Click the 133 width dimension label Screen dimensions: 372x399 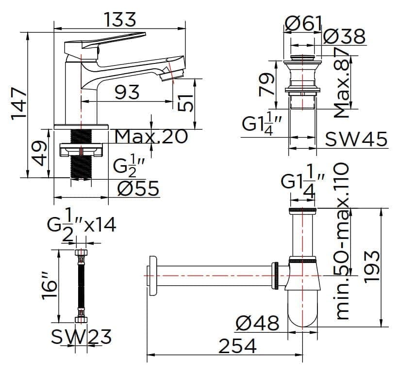pyautogui.click(x=120, y=20)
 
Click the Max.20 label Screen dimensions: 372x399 pyautogui.click(x=151, y=137)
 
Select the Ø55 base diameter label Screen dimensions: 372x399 pyautogui.click(x=138, y=188)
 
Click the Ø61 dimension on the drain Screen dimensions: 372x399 pyautogui.click(x=303, y=22)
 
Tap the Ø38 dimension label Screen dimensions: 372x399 pyautogui.click(x=344, y=36)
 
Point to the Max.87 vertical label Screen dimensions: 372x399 pyautogui.click(x=344, y=83)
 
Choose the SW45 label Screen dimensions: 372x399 pyautogui.click(x=356, y=139)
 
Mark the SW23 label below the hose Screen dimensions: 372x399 pyautogui.click(x=81, y=336)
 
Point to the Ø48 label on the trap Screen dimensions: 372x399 pyautogui.click(x=258, y=323)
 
